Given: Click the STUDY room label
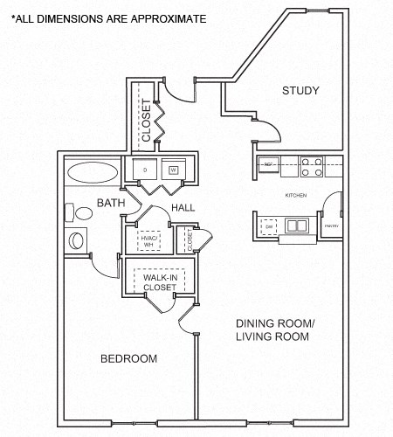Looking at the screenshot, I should coord(300,91).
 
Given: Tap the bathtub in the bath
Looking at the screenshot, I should coord(93,172).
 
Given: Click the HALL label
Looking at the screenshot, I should coord(183,207).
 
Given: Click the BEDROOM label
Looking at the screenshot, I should coord(128,358).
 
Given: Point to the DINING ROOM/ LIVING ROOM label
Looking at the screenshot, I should coord(273,329).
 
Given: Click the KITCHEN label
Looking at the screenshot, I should coord(296,195).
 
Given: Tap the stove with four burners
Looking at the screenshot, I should coord(312,163).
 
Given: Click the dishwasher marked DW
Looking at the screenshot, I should coord(270,226).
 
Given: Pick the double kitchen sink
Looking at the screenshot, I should coord(298,226).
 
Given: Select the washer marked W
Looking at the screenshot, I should coord(173,170).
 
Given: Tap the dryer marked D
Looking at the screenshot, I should coord(144,170).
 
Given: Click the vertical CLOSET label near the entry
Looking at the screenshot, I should coord(147,121).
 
